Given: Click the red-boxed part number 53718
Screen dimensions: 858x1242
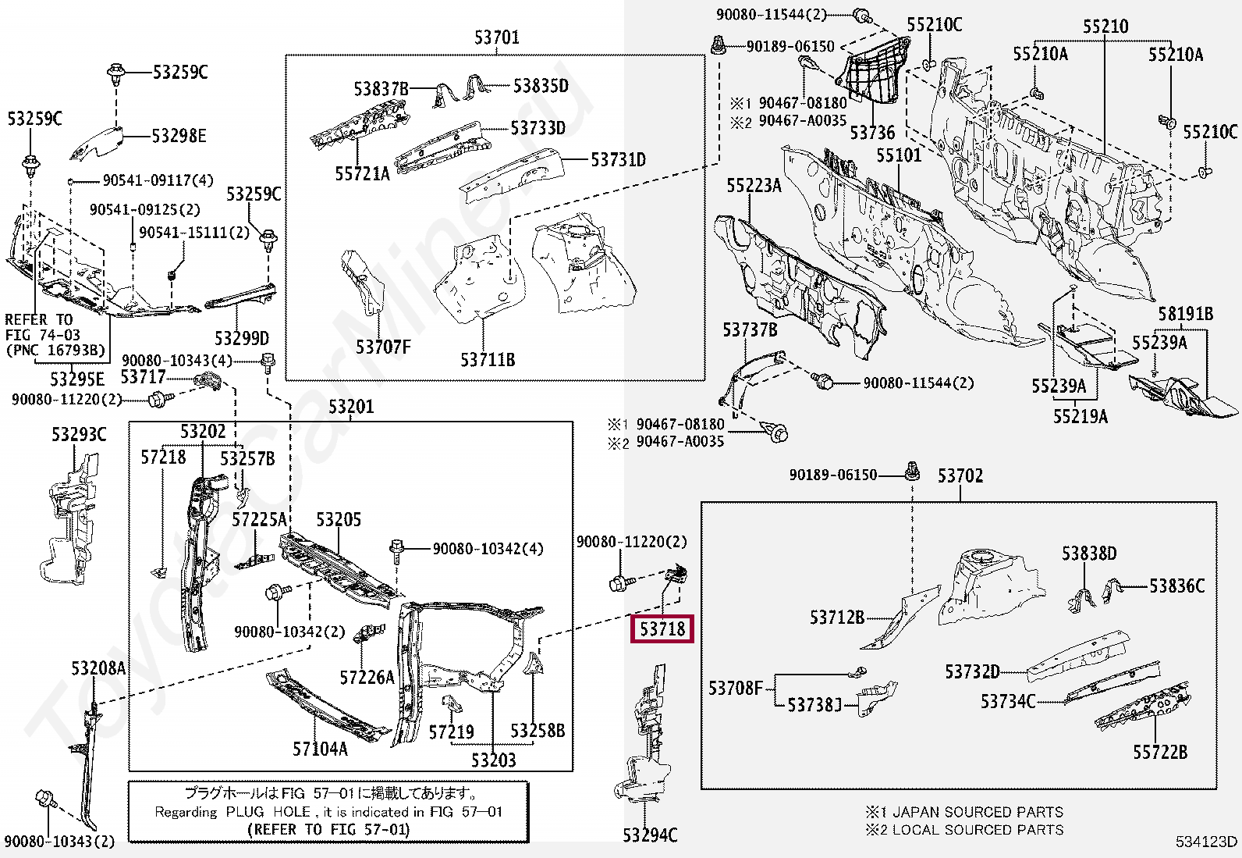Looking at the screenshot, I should coord(662,628).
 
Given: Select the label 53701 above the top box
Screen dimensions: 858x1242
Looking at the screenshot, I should coord(496,37).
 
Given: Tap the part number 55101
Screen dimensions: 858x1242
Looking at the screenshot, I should coord(898,155).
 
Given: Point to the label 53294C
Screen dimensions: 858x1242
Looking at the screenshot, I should coord(650,835).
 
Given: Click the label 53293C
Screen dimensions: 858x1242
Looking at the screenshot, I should coord(79,434).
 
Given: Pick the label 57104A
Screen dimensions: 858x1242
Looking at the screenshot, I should coord(320,749).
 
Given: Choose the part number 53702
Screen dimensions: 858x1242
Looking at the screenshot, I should coord(960,475).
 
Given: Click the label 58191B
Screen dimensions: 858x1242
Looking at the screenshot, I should coord(1185,314).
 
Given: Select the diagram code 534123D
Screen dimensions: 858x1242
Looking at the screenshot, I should coord(1207,842).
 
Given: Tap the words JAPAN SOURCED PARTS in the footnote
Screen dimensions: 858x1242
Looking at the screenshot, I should coord(978,812).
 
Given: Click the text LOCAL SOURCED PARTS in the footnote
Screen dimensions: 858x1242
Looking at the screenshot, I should coord(978,829).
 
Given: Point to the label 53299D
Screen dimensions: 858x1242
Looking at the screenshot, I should coord(242,338).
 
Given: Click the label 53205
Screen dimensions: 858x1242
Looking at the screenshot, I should coord(339,520).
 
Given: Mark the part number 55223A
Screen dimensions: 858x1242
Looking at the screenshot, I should coord(754,185).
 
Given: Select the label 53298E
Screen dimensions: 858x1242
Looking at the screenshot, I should coord(179,137).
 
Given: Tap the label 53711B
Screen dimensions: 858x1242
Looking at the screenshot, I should coord(488,360).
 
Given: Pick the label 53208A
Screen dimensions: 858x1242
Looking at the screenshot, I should coord(98,668).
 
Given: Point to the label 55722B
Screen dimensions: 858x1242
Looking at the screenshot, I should coord(1160,752).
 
